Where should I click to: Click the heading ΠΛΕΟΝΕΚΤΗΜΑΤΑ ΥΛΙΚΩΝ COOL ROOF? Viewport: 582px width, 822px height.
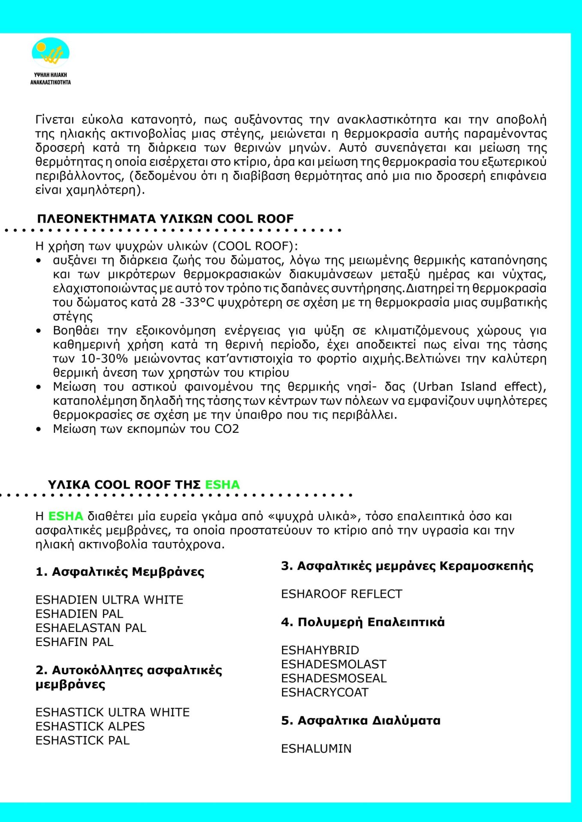tap(165, 219)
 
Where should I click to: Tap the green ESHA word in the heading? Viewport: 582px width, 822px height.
tap(222, 485)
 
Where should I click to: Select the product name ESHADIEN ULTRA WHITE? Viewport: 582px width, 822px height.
tap(109, 600)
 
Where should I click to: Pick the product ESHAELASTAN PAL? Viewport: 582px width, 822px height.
tap(91, 628)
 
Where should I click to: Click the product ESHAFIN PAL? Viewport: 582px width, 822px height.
tap(75, 642)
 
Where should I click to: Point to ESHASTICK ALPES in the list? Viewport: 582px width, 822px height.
tap(90, 727)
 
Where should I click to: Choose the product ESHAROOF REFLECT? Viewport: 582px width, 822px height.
tap(342, 594)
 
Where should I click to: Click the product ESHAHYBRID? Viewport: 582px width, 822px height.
tap(320, 650)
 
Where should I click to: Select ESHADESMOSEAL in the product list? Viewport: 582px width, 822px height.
tap(334, 679)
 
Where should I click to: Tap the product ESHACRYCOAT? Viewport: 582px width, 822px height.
tap(324, 693)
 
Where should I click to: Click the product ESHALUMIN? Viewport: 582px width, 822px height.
tap(316, 749)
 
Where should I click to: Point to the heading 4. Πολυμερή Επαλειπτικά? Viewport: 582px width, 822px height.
tap(363, 622)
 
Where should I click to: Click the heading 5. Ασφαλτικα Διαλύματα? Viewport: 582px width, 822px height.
tap(360, 721)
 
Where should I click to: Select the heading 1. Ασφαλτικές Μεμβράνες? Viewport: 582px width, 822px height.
tap(120, 572)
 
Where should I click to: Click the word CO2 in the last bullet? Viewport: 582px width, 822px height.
tap(227, 429)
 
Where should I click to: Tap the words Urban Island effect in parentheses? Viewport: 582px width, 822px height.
tap(478, 387)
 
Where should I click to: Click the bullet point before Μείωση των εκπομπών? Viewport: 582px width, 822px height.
tap(39, 429)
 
